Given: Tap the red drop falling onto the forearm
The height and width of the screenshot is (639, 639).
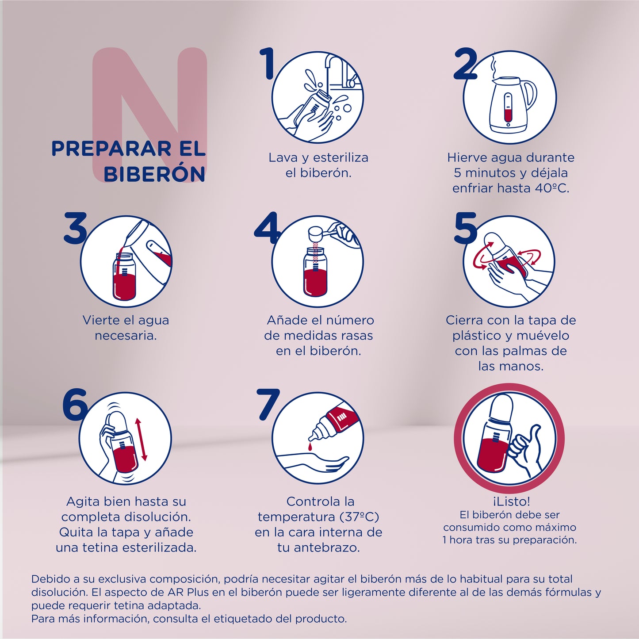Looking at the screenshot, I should coord(310,448).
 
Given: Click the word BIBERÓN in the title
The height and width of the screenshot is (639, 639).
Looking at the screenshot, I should coord(154,174).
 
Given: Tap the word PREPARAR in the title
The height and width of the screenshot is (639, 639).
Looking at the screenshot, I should coord(111,149).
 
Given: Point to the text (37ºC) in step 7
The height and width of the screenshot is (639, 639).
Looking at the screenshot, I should coord(359,517).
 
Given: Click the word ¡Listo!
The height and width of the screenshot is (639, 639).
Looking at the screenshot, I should coord(511,501).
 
